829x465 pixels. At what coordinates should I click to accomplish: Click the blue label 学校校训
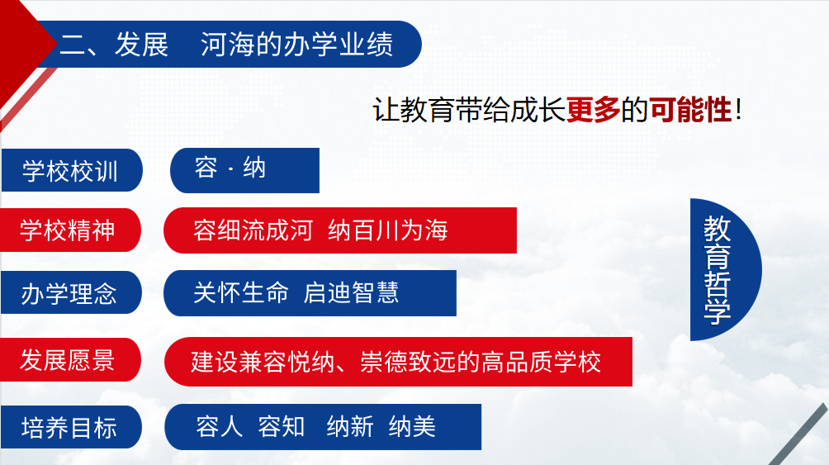click(71, 170)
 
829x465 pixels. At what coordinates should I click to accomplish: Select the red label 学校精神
click(70, 230)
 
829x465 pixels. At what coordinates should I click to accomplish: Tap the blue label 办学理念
click(71, 292)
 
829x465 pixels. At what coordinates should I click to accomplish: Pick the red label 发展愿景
click(70, 360)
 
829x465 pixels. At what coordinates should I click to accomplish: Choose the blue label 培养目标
click(71, 427)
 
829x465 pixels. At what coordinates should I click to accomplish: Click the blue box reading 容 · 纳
click(244, 170)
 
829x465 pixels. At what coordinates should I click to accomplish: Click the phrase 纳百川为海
click(388, 230)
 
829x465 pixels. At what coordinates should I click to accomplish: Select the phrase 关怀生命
click(241, 292)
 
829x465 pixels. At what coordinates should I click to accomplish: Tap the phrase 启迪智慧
click(351, 292)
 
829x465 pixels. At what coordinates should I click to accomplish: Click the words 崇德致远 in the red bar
click(408, 362)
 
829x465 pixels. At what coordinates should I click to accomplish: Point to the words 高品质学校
click(541, 362)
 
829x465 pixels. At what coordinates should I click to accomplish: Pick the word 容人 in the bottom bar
click(219, 426)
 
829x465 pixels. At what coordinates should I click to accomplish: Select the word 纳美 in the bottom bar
click(412, 426)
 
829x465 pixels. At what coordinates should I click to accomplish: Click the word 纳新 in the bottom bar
click(350, 426)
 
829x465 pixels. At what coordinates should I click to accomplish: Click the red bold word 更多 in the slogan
click(593, 110)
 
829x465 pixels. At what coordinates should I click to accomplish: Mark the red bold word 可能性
click(690, 110)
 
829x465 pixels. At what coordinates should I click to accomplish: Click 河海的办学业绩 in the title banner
click(297, 44)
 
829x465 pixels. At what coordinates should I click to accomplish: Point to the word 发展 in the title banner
click(142, 44)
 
